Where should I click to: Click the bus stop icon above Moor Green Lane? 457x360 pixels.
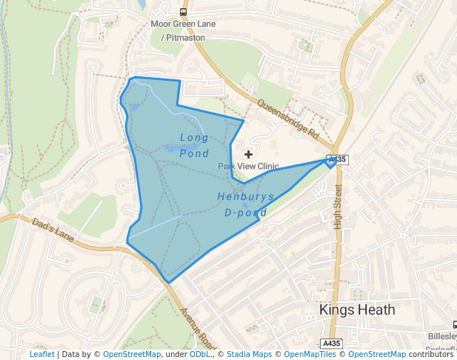183,12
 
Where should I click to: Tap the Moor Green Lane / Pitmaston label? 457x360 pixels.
183,30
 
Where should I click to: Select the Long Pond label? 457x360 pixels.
194,145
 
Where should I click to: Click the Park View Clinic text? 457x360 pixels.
248,167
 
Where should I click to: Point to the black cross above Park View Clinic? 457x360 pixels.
248,154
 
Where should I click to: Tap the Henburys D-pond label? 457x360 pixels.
245,204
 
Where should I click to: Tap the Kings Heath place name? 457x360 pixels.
357,310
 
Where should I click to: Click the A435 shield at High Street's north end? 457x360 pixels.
337,159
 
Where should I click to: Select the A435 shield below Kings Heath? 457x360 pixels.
332,343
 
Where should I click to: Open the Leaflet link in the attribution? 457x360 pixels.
42,354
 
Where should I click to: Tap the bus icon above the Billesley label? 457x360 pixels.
453,324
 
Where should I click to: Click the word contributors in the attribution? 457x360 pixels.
430,354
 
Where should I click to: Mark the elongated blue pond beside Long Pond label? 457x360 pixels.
170,148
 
